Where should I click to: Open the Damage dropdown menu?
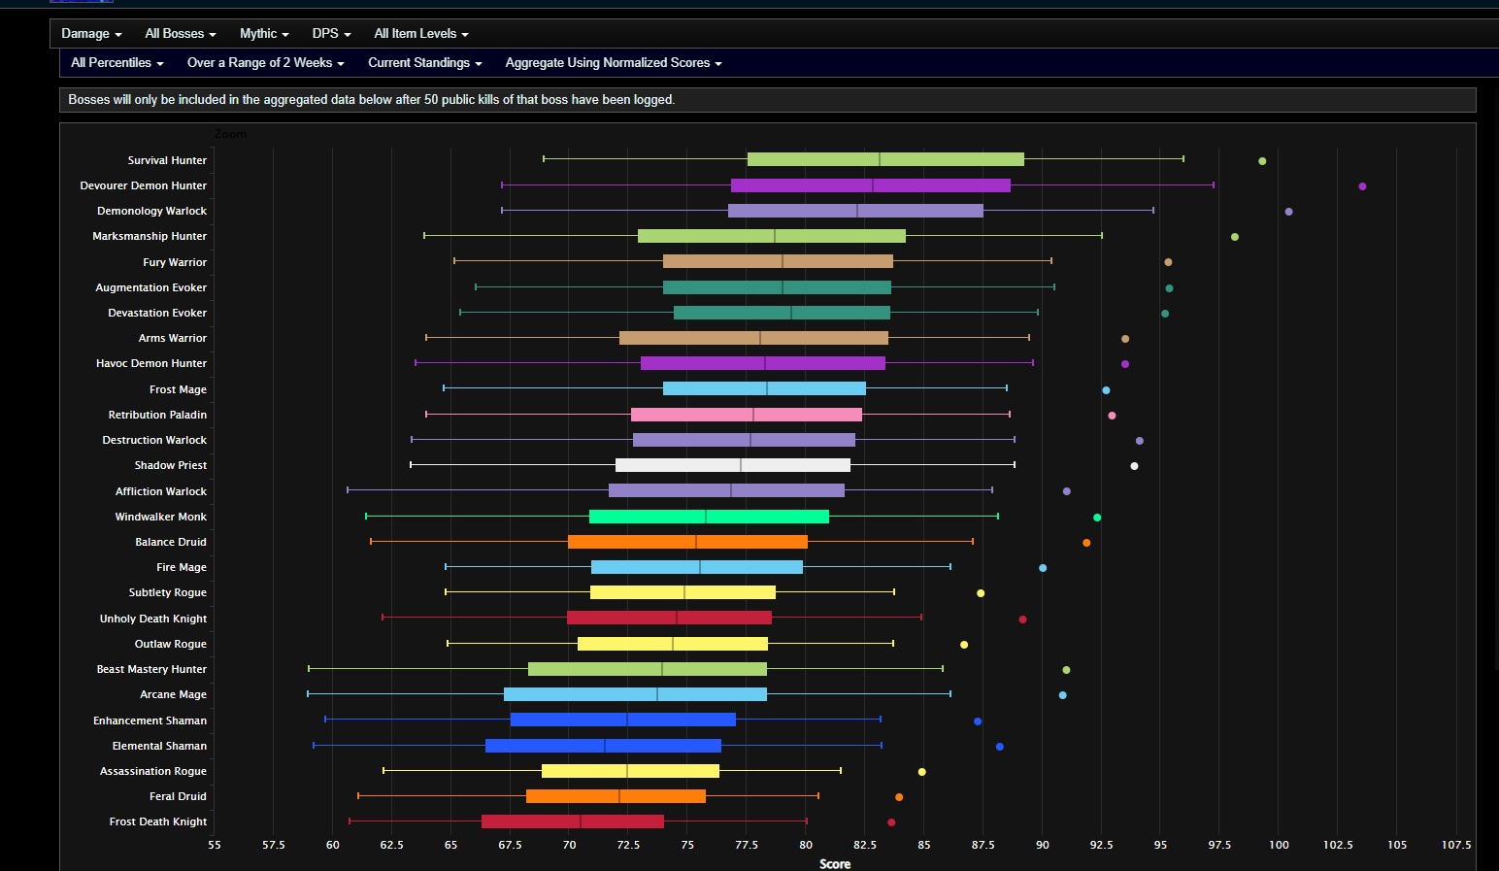point(91,34)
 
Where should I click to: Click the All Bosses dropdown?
point(181,34)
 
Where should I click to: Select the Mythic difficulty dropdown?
point(264,34)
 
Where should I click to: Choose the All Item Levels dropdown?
point(421,34)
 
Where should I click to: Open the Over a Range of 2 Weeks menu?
point(265,63)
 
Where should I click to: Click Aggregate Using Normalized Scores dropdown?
point(614,63)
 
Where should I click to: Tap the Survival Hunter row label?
point(167,160)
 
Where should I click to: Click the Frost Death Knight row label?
point(158,821)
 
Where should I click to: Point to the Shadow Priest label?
point(171,465)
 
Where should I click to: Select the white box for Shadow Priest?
point(733,465)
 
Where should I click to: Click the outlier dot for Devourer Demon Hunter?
point(1362,186)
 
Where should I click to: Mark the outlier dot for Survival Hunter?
point(1262,161)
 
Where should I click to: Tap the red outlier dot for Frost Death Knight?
point(891,822)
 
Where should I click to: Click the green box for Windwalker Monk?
point(709,517)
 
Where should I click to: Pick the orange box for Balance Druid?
point(687,542)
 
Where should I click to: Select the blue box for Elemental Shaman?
point(603,746)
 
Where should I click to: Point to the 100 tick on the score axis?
point(1279,845)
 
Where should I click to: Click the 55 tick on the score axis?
point(215,845)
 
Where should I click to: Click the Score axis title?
point(835,863)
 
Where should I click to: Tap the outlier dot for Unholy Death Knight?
point(1022,620)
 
